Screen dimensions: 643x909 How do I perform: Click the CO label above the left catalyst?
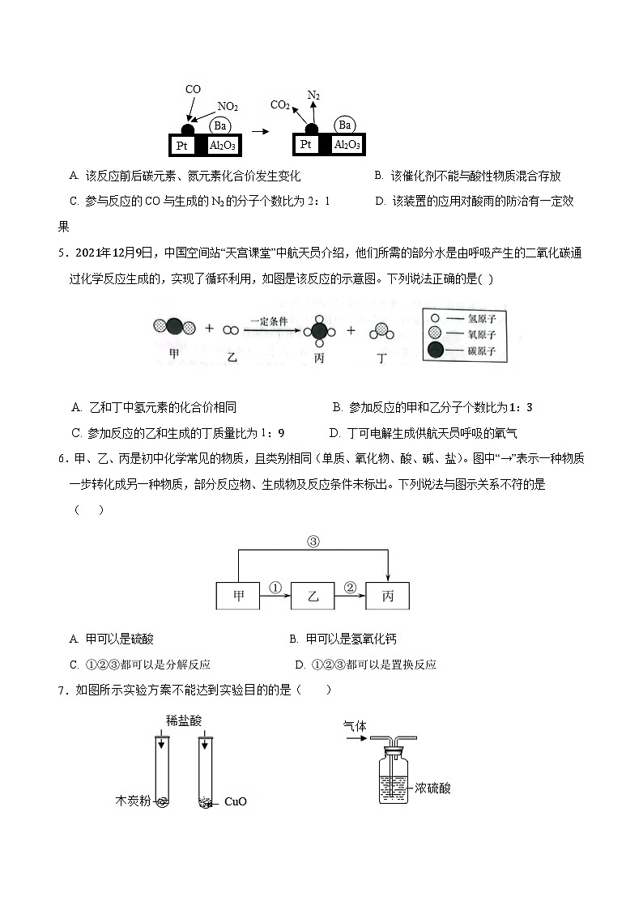click(x=193, y=90)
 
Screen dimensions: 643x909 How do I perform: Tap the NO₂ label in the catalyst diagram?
click(x=228, y=107)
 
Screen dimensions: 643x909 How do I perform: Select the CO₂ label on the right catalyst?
click(x=280, y=104)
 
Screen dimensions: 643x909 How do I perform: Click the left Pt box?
click(x=181, y=146)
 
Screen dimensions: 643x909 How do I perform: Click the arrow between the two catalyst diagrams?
click(x=260, y=130)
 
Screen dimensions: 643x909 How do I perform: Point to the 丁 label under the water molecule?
click(x=381, y=357)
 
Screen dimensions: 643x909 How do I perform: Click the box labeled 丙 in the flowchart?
click(x=387, y=596)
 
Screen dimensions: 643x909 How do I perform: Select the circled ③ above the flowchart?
click(x=313, y=542)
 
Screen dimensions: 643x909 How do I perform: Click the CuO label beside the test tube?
click(x=235, y=802)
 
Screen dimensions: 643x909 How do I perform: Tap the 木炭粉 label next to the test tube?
click(x=133, y=802)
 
